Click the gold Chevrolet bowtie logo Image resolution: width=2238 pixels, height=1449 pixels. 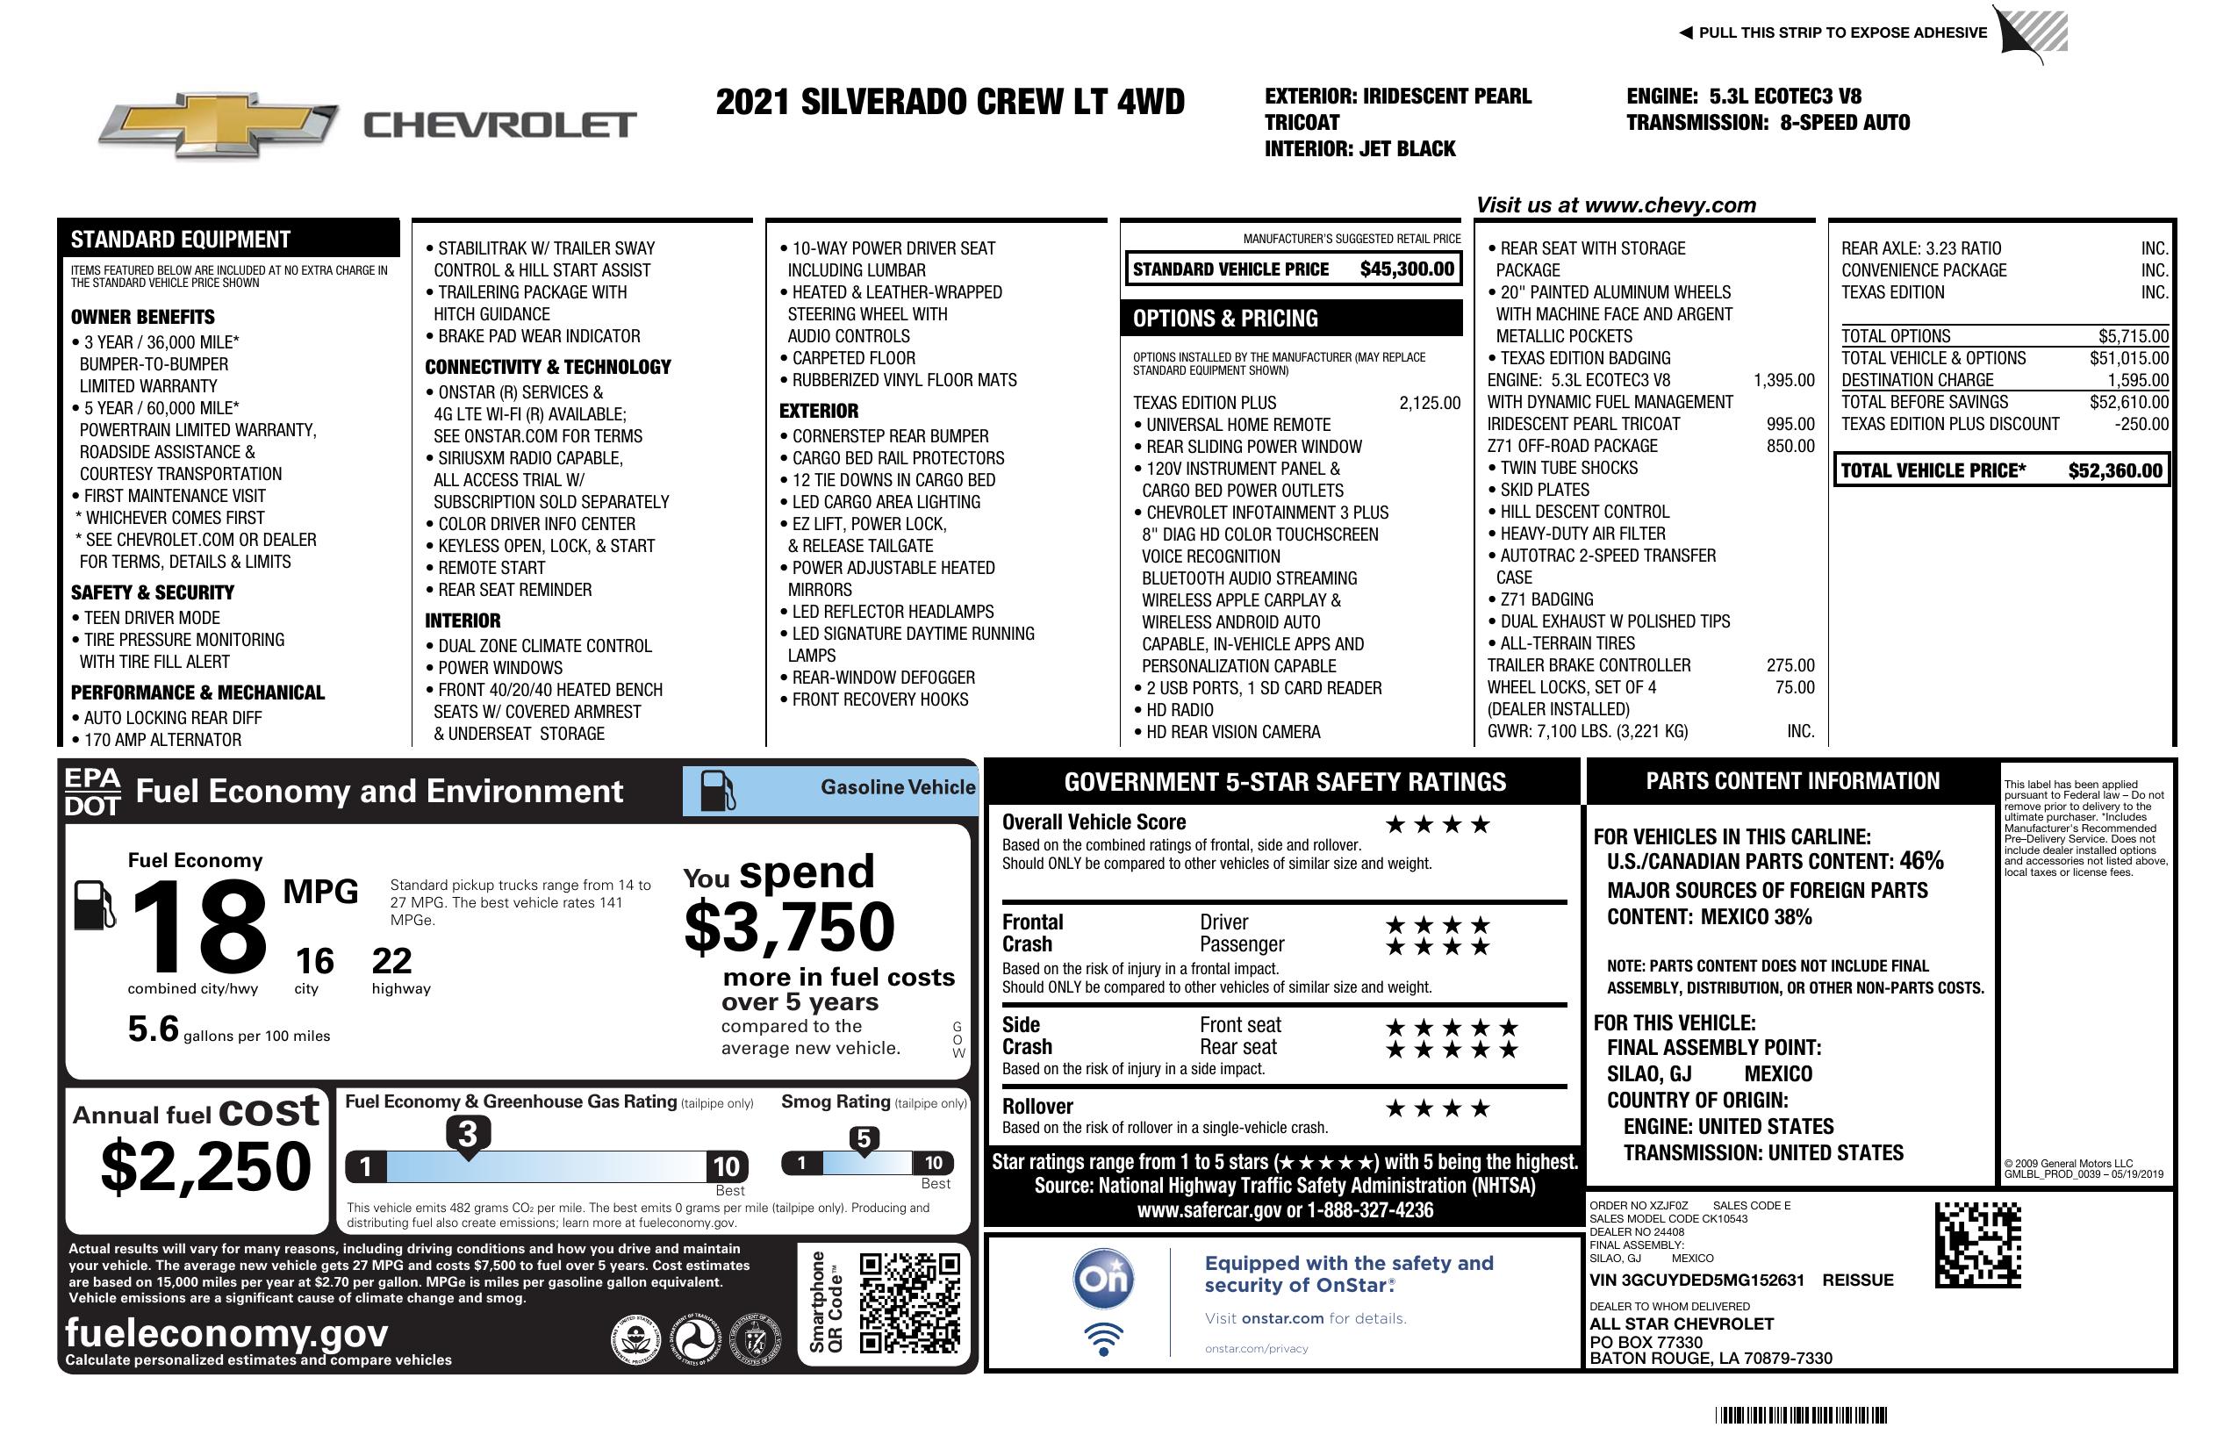coord(219,124)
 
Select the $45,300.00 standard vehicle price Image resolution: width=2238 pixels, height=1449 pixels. coord(1407,269)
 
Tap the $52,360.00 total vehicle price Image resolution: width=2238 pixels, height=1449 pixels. coord(2115,471)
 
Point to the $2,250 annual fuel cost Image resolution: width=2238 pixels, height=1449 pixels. coord(206,1166)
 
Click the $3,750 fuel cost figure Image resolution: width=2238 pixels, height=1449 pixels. coord(790,927)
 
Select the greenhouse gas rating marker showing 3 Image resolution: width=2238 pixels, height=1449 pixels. coord(467,1134)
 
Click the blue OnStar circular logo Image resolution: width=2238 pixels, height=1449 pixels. coord(1104,1278)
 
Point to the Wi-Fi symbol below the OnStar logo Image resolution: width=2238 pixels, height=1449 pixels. coord(1104,1339)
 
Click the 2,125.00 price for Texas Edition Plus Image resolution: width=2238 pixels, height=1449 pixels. coord(1430,404)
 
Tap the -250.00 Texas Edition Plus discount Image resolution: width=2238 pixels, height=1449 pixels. coord(2141,424)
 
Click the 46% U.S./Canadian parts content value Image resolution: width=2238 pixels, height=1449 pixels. coord(1921,860)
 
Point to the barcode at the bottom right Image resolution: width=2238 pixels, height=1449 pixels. coord(1800,1415)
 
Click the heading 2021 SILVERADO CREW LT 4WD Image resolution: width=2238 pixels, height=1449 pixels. coord(950,102)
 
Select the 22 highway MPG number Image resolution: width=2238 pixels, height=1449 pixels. coord(392,961)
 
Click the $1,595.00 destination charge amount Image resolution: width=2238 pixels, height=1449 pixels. coord(2137,381)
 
